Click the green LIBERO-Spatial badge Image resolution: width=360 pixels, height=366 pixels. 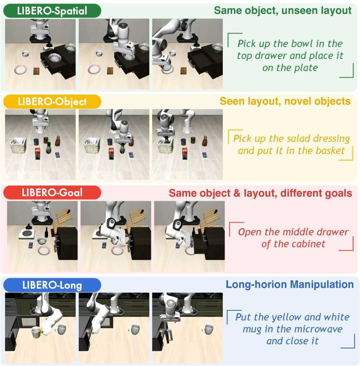point(52,11)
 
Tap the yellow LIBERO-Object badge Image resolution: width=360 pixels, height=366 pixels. point(52,102)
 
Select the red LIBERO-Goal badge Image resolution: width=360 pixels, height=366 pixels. point(52,193)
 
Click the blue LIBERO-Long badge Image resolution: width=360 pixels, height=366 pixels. point(52,285)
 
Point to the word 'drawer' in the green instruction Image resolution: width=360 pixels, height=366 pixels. point(272,56)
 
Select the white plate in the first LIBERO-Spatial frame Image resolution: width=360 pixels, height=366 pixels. point(21,70)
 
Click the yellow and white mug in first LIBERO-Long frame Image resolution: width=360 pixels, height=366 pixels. point(36,332)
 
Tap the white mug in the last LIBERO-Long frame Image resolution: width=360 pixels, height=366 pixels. point(208,329)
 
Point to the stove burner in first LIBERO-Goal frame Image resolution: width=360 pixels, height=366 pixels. point(27,234)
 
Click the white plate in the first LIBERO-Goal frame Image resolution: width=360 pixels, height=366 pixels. point(44,251)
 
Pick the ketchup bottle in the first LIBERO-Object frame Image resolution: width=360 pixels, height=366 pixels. point(58,141)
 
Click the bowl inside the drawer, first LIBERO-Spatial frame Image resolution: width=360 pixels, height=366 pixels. point(55,57)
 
